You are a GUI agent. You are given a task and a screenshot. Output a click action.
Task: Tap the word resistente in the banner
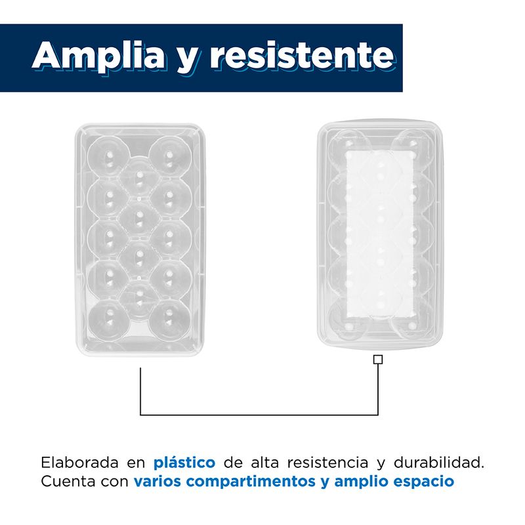click(302, 55)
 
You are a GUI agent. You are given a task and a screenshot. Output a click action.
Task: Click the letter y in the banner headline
click(187, 60)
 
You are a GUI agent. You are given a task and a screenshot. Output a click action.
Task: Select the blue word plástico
click(184, 463)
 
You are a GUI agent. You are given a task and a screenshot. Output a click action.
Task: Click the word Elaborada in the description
click(79, 463)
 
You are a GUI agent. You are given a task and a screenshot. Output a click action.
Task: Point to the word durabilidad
click(438, 463)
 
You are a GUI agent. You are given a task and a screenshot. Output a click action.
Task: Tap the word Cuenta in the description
click(68, 482)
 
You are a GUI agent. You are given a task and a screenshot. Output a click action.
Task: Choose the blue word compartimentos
click(251, 482)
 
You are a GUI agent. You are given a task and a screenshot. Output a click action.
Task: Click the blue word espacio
click(423, 482)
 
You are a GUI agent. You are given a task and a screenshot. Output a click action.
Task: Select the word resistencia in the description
click(327, 463)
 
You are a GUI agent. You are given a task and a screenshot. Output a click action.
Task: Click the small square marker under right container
click(378, 360)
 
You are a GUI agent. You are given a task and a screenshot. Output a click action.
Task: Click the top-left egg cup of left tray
click(108, 156)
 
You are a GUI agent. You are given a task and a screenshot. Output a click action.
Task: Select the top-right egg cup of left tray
click(171, 156)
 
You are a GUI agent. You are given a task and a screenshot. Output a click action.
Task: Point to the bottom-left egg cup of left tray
click(108, 319)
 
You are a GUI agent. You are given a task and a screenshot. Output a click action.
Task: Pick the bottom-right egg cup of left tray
click(171, 319)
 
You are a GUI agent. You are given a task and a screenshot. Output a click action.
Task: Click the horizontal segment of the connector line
click(259, 415)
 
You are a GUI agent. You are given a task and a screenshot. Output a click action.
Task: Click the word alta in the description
click(265, 463)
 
